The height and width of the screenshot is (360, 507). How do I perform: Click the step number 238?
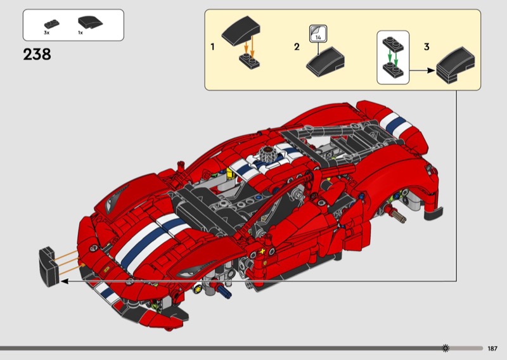(x=37, y=55)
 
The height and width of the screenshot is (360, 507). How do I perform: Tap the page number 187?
(x=492, y=349)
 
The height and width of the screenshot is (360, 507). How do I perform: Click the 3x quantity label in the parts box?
(x=46, y=33)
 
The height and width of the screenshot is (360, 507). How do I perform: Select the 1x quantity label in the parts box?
(x=80, y=33)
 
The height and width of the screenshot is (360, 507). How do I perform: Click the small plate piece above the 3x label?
(x=52, y=24)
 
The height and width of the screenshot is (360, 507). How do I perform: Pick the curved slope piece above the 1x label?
(x=90, y=22)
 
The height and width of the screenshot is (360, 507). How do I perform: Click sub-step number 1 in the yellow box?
(x=212, y=47)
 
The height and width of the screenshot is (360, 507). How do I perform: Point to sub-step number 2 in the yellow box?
(x=297, y=47)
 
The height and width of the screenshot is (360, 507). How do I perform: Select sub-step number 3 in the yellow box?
(x=427, y=47)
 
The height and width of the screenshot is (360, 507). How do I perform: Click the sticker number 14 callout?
(x=318, y=34)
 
